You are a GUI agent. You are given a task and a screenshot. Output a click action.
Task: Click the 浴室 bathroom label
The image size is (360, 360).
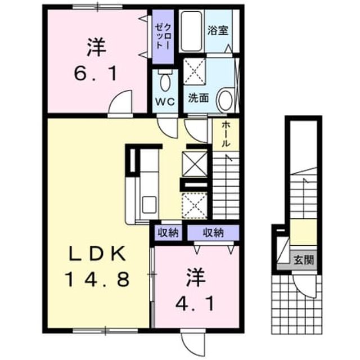point(218,30)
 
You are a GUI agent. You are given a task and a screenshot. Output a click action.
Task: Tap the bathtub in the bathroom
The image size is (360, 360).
point(191,31)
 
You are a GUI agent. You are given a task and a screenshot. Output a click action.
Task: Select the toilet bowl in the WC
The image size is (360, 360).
point(165,82)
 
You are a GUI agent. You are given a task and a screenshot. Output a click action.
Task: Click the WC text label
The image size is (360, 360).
point(165,102)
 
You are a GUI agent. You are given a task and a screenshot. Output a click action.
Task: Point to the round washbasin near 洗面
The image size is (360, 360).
point(225,100)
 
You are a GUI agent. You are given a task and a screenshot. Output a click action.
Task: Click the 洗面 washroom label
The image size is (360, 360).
point(199,98)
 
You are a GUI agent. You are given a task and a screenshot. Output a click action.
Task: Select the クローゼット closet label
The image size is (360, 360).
point(163,36)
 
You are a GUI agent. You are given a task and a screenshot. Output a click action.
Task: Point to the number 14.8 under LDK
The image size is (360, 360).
point(98,280)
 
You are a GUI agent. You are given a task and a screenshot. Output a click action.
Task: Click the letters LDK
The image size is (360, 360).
point(98,254)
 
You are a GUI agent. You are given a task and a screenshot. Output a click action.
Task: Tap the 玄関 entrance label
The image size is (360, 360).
point(304,260)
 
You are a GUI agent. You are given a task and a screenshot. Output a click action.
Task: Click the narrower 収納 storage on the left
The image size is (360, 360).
point(168,233)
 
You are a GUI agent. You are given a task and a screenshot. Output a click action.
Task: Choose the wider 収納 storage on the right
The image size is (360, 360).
point(213,233)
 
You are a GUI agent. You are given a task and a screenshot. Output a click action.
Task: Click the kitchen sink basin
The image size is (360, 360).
point(150,204)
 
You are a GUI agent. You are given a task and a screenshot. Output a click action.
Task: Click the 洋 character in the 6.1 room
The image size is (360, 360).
point(96,48)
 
